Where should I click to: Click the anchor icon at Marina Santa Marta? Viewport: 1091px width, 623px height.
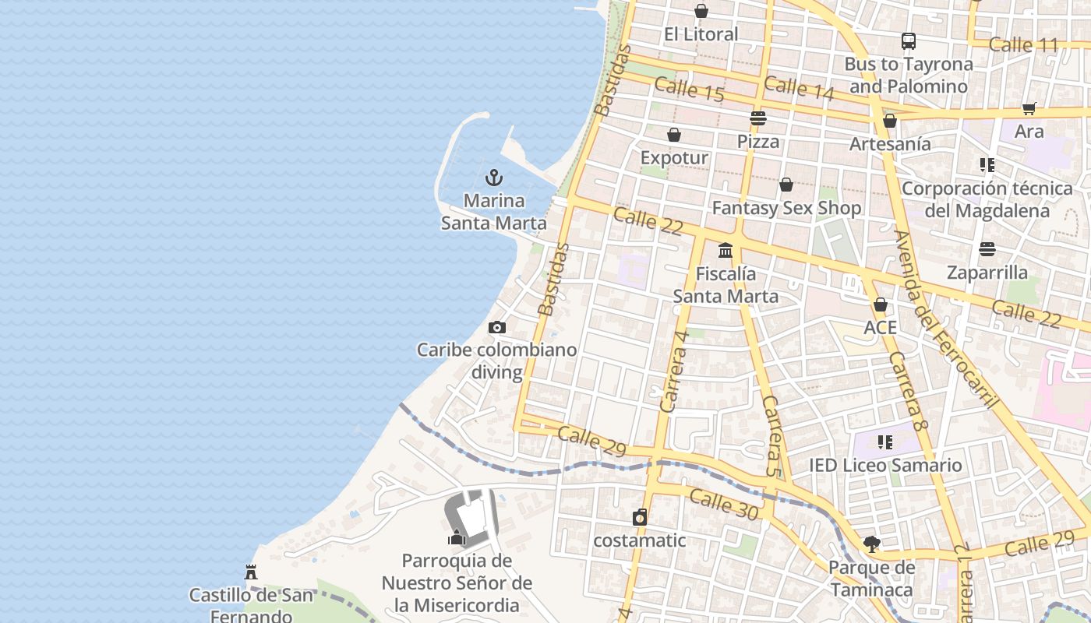coord(493,178)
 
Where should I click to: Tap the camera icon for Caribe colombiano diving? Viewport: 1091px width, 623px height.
coord(496,327)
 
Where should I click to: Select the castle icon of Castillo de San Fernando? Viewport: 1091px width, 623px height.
coord(251,572)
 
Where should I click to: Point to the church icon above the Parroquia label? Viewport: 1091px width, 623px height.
coord(457,537)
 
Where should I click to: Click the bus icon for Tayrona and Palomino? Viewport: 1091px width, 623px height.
coord(908,41)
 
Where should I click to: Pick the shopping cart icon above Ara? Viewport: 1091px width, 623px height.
coord(1029,108)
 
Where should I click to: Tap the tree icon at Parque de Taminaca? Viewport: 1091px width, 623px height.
coord(871,544)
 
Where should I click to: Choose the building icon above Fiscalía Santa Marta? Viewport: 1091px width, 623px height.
coord(726,250)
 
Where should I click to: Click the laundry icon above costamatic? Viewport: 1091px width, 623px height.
coord(640,517)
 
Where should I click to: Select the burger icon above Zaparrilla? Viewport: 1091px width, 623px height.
coord(987,249)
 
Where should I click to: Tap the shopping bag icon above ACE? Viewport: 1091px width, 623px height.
coord(880,304)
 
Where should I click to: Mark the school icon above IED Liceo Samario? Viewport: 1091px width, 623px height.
coord(884,442)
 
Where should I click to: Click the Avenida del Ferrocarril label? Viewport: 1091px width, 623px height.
coord(944,319)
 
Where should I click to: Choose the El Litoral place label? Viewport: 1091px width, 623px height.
coord(701,34)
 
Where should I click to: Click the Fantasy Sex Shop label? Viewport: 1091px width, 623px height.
coord(786,208)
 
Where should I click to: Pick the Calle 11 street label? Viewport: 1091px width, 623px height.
coord(1023,45)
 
